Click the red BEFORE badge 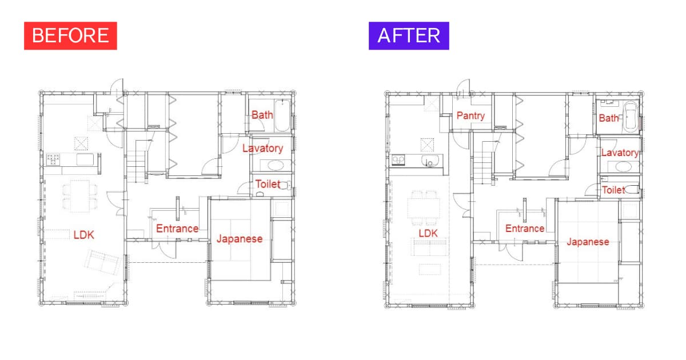[x=70, y=35]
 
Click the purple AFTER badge [x=409, y=35]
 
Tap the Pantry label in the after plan [x=470, y=115]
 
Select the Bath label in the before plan [x=262, y=115]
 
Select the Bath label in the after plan [x=608, y=118]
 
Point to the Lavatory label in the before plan [x=263, y=149]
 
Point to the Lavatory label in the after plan [x=620, y=153]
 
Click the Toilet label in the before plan [x=268, y=184]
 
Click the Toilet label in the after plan [x=613, y=190]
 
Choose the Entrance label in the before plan [x=177, y=229]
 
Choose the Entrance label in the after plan [x=525, y=229]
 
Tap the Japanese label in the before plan [x=240, y=239]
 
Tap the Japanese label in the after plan [x=588, y=242]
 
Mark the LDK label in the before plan [x=83, y=235]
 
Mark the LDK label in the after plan [x=428, y=234]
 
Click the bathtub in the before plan [x=282, y=115]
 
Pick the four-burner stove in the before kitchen [x=53, y=159]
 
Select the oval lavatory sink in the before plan [x=276, y=166]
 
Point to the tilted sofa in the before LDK [x=102, y=262]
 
